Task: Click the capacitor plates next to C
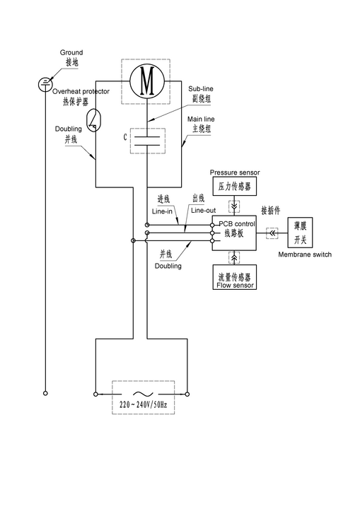point(147,141)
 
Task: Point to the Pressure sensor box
point(235,186)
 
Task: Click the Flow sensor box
point(235,277)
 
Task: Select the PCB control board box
point(234,233)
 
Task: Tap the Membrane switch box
point(300,233)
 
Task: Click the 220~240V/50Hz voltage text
point(144,405)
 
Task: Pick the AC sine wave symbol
point(144,394)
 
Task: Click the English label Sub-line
point(201,88)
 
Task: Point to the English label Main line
point(201,119)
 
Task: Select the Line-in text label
point(162,211)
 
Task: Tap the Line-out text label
point(204,211)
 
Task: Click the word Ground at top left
point(71,52)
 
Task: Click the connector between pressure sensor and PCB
point(234,206)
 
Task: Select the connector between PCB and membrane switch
point(272,233)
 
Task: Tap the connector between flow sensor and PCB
point(234,257)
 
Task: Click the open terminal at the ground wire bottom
point(45,393)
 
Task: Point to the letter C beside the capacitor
point(125,137)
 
